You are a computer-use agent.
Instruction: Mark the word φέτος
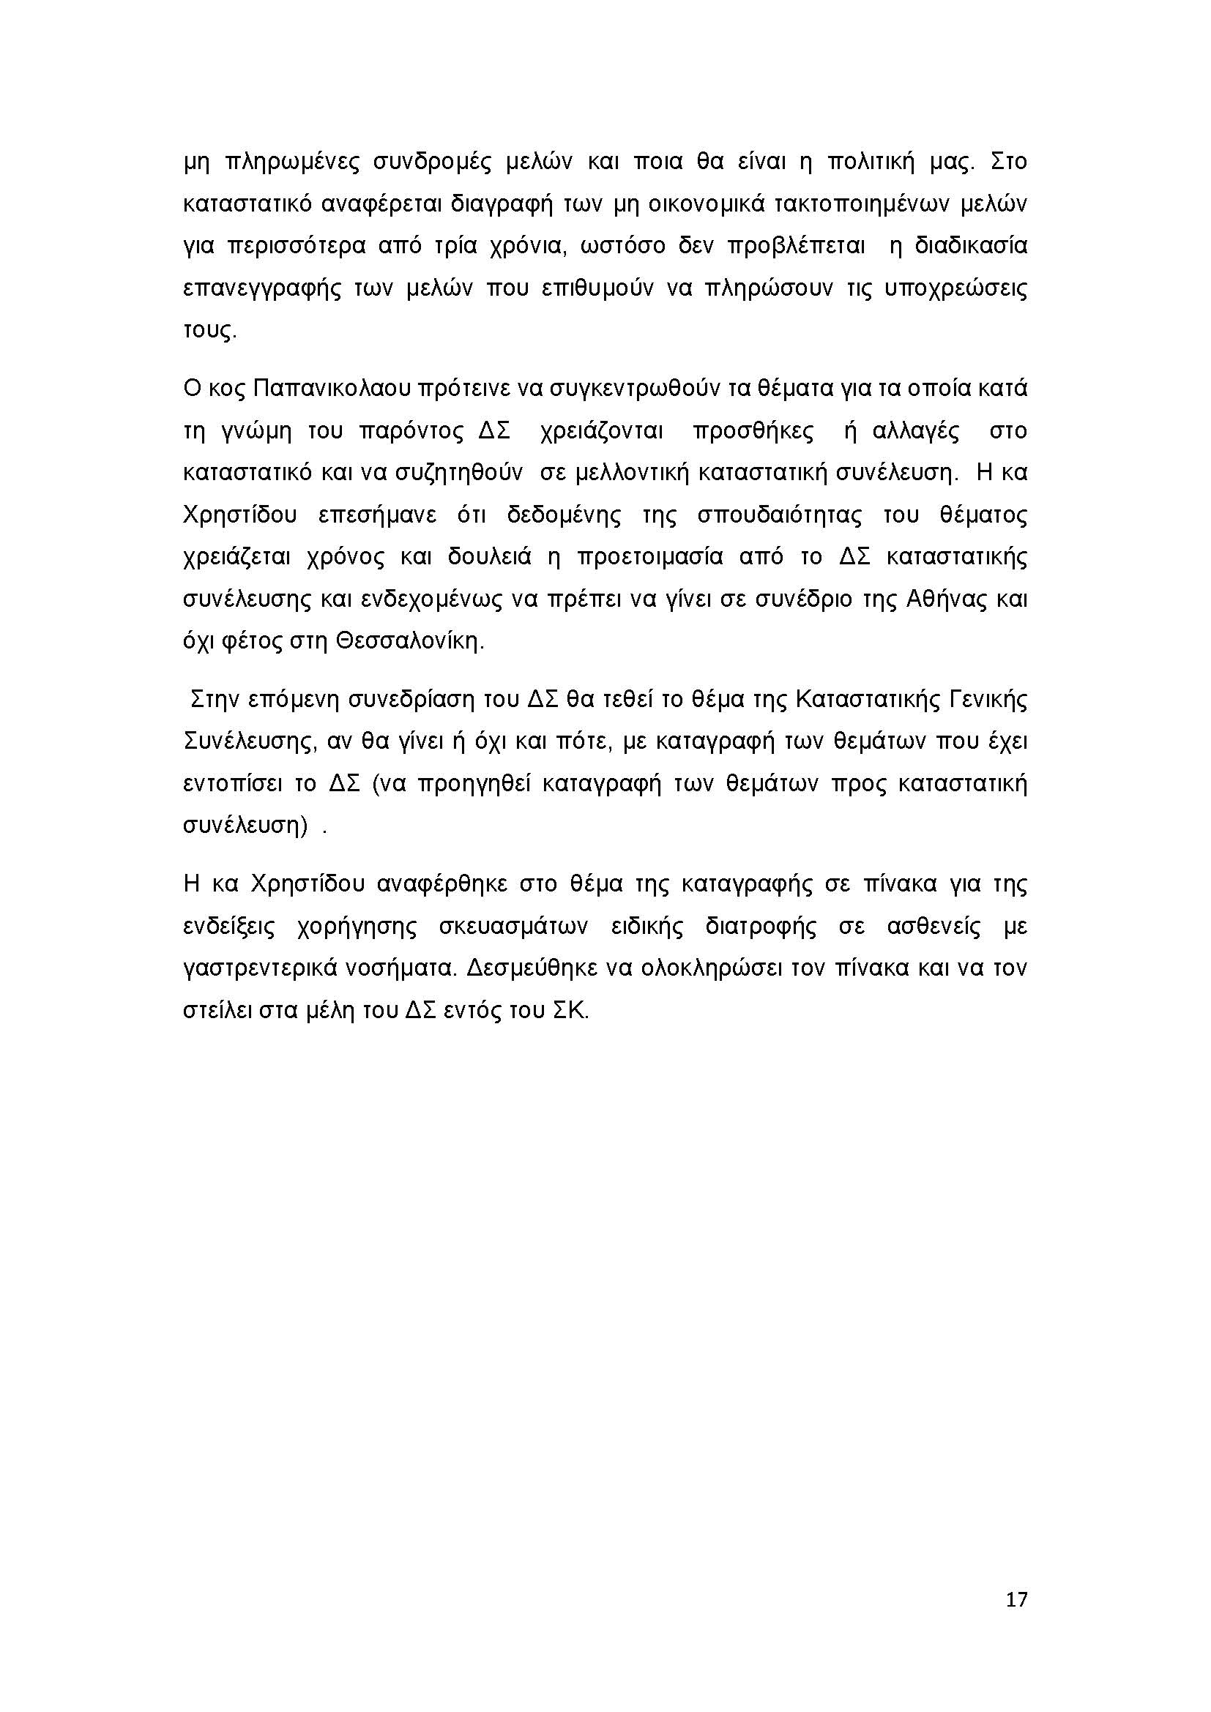(243, 641)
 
